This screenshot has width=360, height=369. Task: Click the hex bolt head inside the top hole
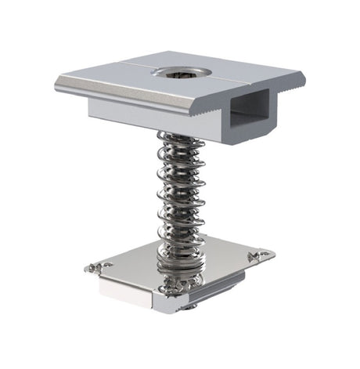(x=174, y=72)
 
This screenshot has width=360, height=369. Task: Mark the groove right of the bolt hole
(x=227, y=79)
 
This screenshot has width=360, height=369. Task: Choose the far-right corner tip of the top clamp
(x=304, y=77)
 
